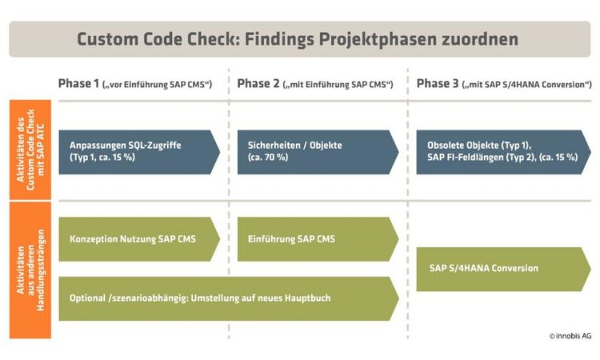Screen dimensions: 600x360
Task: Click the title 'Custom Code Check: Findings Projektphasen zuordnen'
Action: coord(298,39)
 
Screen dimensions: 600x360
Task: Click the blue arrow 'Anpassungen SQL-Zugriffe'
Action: coord(139,152)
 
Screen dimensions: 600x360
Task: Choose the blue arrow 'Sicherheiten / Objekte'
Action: coord(318,152)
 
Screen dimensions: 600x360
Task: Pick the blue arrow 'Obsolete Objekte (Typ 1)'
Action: coord(503,152)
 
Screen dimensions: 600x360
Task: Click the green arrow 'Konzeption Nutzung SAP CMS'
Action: coord(139,239)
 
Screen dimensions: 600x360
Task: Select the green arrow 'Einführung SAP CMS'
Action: coord(318,239)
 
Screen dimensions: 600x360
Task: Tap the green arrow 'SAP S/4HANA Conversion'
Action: coord(503,269)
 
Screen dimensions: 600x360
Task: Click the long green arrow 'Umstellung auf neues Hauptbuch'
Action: coord(229,298)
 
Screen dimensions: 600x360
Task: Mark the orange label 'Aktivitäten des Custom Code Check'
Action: coord(30,150)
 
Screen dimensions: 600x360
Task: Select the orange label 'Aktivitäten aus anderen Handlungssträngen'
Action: coord(30,270)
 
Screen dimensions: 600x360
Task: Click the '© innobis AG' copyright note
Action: coord(570,336)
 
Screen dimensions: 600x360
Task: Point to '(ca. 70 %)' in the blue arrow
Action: coord(268,158)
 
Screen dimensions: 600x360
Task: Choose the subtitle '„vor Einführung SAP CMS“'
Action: coord(158,85)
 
